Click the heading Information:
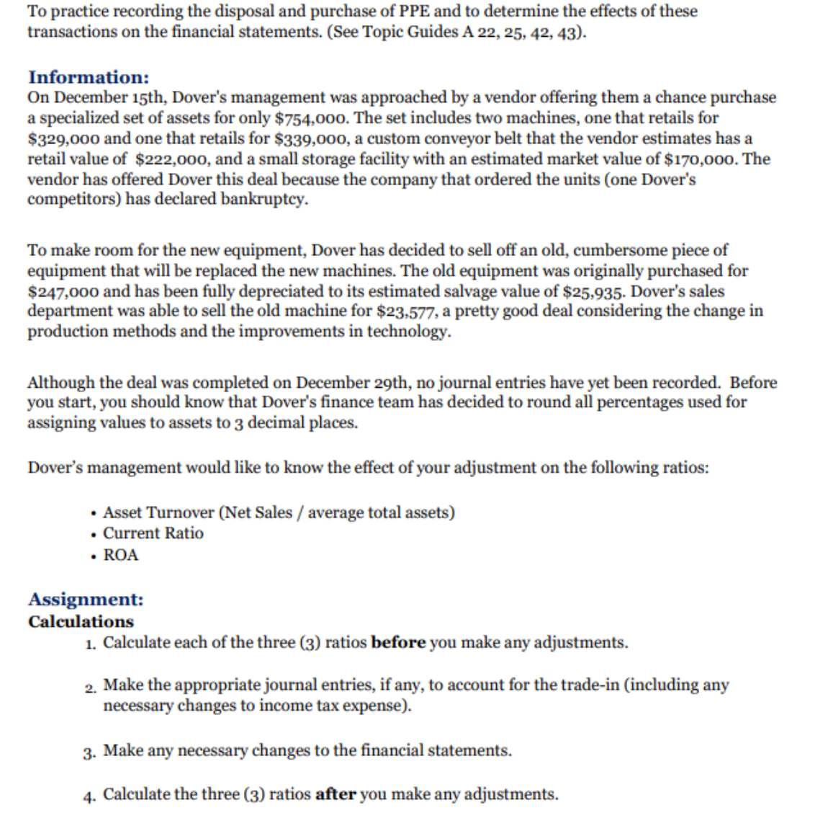[x=89, y=77]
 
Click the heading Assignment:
[x=86, y=599]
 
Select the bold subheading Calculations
[x=81, y=621]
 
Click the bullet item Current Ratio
[x=153, y=533]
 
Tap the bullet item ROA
[x=120, y=555]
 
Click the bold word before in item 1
[x=397, y=642]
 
